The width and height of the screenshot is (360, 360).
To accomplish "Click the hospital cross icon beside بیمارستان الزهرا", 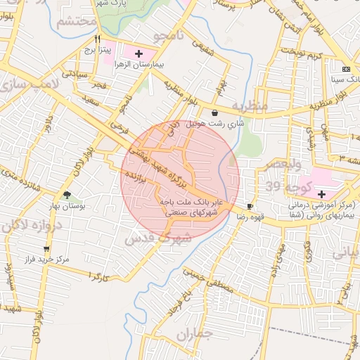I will tap(139, 53).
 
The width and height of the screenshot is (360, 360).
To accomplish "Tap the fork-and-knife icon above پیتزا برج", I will tap(98, 39).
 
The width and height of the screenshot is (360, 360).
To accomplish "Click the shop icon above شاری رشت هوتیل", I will tap(214, 112).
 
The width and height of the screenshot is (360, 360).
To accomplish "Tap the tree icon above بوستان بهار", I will tap(67, 195).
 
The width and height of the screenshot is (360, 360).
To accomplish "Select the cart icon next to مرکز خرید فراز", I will tap(46, 248).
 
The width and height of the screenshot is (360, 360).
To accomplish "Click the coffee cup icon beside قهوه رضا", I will tap(250, 206).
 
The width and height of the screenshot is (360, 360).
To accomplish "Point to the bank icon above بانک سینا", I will tap(345, 69).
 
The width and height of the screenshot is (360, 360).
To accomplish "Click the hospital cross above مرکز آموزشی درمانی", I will tap(322, 193).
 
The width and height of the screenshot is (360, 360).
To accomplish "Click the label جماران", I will tap(193, 336).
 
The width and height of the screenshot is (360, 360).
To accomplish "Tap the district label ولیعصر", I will tap(282, 165).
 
